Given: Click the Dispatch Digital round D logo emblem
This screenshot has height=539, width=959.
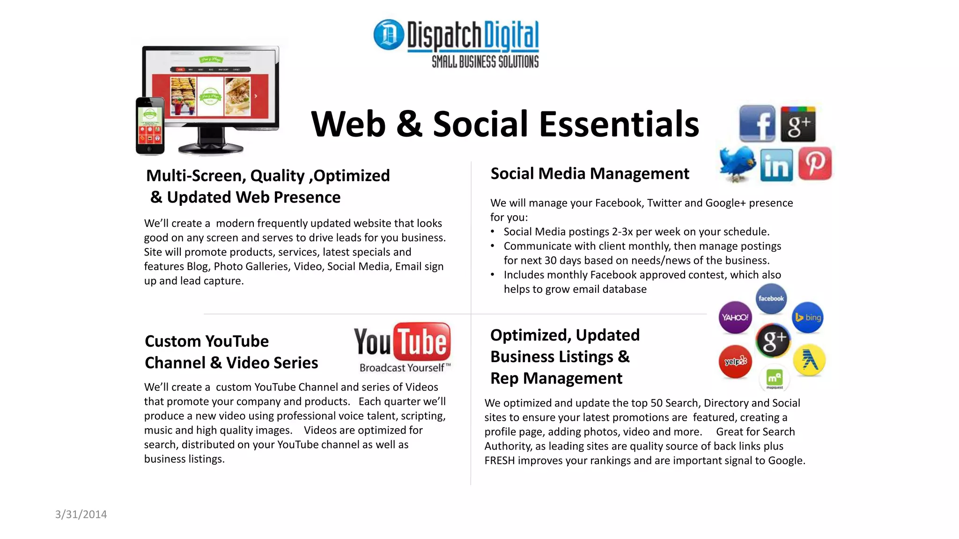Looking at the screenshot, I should (389, 35).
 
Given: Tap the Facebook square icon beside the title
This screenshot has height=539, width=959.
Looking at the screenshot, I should (757, 124).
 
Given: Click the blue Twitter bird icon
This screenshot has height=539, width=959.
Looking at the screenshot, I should (738, 163).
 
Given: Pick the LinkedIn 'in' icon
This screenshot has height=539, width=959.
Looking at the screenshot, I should (776, 165).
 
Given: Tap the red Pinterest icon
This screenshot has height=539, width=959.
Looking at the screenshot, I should (815, 164).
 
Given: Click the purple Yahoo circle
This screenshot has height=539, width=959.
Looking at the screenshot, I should (735, 317).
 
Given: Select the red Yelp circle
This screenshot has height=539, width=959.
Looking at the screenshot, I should (735, 361).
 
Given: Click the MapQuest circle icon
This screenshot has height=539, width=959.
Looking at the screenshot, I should (774, 378).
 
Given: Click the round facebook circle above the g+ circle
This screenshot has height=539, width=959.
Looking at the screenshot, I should (771, 299).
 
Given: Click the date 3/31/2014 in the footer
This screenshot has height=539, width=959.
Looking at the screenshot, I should (81, 514).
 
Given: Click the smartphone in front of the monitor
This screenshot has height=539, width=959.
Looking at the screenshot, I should (150, 125).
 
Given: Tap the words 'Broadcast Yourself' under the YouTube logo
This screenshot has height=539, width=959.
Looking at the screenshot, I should (402, 368).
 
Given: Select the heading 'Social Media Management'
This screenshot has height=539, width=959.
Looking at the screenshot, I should (590, 174).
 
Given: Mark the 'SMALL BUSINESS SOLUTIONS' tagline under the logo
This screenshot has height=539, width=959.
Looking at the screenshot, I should (485, 62).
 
